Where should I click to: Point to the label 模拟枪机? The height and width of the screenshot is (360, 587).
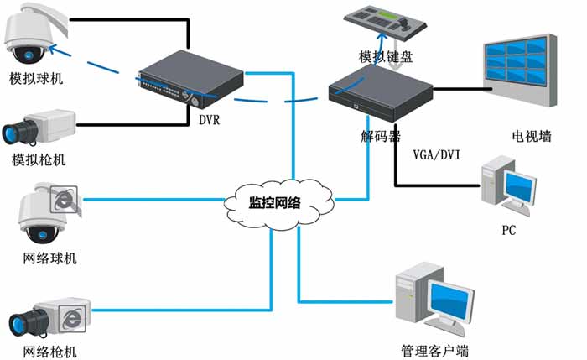click(x=39, y=160)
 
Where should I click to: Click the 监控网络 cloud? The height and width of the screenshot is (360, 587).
click(x=277, y=201)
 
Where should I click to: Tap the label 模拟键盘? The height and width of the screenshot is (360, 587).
click(x=386, y=57)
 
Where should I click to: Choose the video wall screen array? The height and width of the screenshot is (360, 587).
click(x=518, y=71)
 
